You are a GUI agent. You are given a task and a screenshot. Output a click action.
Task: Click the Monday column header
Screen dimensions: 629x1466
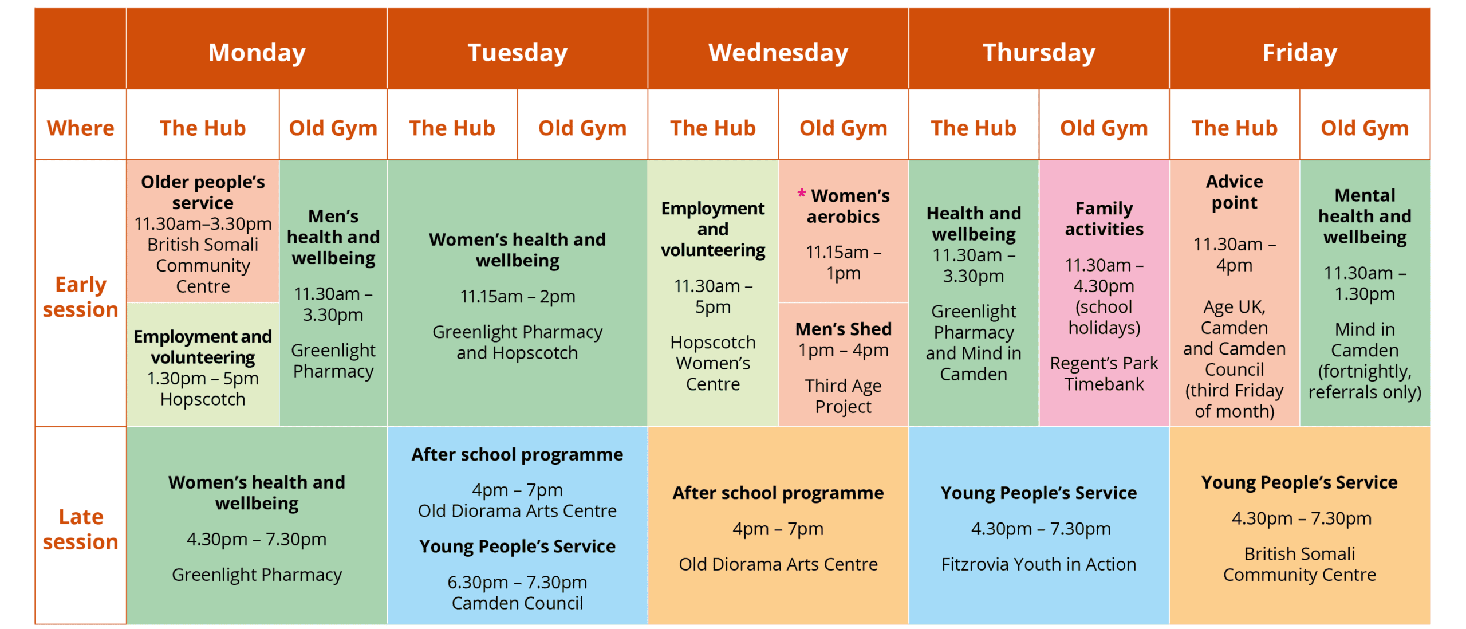[x=257, y=53]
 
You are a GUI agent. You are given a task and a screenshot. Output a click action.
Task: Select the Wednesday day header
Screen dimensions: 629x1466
[x=778, y=53]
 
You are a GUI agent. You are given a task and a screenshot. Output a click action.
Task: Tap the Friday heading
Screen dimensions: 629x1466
[x=1299, y=53]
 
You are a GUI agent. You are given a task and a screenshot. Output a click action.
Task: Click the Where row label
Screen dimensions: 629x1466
[x=80, y=128]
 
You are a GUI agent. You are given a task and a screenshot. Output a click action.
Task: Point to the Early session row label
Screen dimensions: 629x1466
[x=80, y=297]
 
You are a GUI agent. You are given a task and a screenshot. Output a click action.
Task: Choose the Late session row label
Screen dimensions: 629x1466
[x=80, y=529]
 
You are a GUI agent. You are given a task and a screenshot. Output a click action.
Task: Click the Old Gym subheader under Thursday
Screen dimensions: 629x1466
[x=1104, y=128]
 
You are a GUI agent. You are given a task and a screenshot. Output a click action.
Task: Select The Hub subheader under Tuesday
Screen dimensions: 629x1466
[x=452, y=128]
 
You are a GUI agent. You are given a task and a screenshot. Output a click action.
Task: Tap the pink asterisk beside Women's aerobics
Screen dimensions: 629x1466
[x=802, y=194]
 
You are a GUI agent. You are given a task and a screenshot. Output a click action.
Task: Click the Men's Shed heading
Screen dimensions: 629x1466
[x=843, y=329]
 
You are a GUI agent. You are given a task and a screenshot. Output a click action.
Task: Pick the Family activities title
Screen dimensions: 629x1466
[x=1104, y=218]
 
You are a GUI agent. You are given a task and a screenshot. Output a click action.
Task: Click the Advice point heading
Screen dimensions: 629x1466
[x=1234, y=192]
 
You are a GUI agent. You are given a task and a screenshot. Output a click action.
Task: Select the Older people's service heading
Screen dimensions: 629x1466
[x=203, y=192]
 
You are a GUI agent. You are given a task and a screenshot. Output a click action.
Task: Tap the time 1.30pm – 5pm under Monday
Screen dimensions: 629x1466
[x=203, y=378]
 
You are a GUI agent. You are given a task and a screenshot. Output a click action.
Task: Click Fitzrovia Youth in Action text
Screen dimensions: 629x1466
[x=1038, y=564]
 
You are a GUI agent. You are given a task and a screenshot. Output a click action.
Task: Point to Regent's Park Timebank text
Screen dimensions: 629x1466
[x=1104, y=374]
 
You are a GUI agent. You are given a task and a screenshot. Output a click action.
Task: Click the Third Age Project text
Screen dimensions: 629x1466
[x=843, y=396]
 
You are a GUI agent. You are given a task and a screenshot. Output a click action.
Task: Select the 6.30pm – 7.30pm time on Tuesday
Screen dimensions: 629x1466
[x=517, y=582]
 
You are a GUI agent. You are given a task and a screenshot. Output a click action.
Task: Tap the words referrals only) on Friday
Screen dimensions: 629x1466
[x=1365, y=392]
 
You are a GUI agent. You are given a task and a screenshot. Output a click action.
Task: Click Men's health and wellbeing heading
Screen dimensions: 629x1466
[x=333, y=237]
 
